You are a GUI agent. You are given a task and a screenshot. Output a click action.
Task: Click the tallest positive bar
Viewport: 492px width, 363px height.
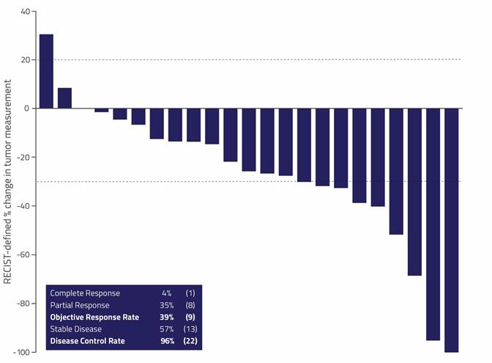tap(46, 71)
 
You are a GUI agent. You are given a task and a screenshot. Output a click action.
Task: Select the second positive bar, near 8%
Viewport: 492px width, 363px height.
tap(64, 98)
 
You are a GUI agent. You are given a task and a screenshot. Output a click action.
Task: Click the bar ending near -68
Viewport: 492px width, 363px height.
tap(414, 191)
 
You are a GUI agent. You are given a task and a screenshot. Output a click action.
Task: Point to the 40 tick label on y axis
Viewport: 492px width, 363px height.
tap(26, 12)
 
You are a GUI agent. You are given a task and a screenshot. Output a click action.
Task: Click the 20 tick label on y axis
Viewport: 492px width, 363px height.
tap(26, 60)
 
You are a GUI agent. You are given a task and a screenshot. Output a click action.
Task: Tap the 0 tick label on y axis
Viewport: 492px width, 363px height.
tap(28, 109)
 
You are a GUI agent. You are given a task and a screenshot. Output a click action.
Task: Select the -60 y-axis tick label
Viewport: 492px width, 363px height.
tap(23, 254)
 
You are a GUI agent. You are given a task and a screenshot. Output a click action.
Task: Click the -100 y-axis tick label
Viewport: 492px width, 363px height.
tap(21, 352)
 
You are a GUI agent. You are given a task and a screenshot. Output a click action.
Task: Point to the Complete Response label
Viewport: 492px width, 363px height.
tap(85, 293)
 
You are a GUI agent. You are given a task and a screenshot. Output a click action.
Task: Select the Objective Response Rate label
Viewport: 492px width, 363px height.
tap(94, 317)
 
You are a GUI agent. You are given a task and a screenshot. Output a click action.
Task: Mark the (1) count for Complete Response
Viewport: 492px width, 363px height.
tap(190, 293)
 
